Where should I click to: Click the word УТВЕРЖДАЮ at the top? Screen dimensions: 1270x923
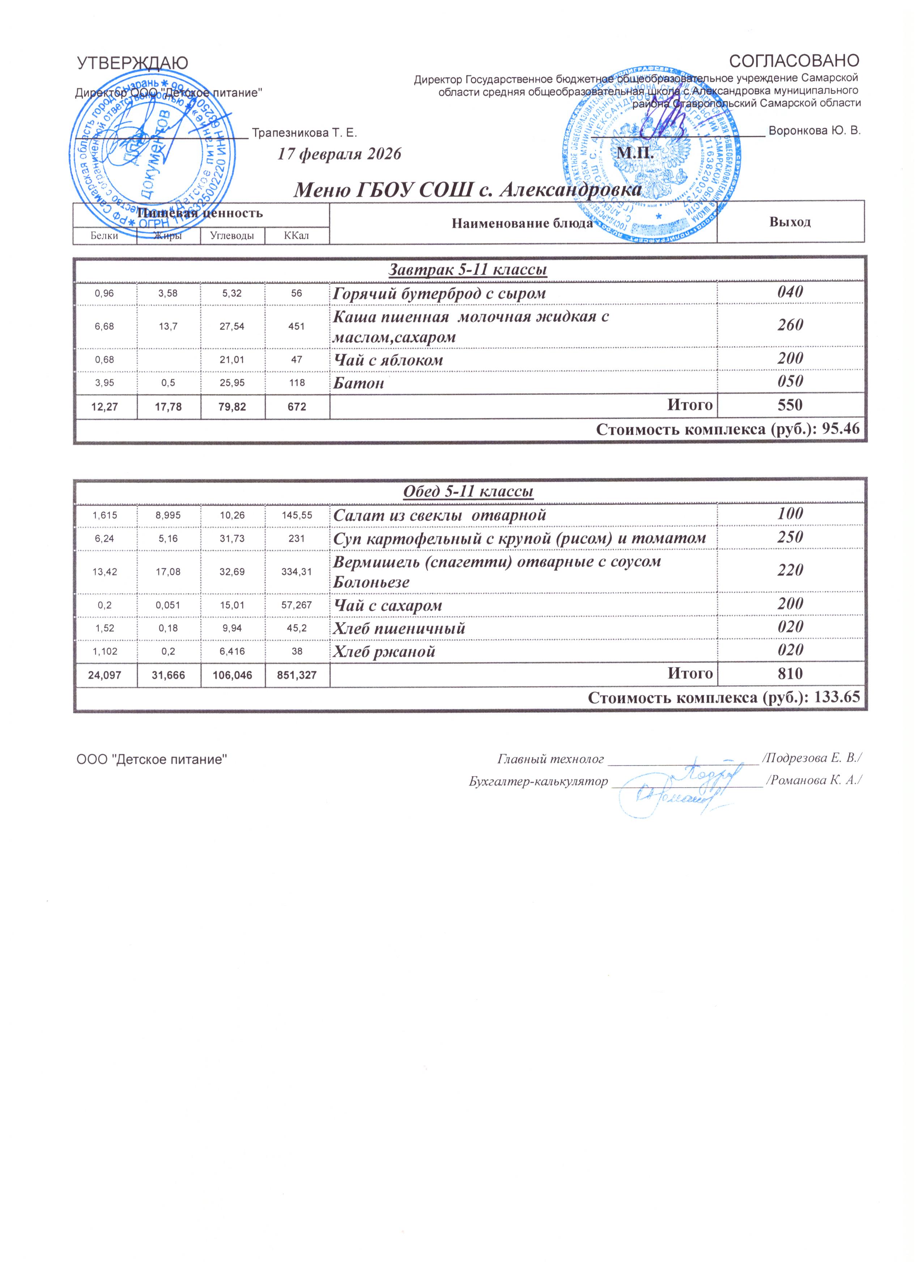[132, 63]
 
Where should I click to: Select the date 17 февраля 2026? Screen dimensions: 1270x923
[340, 154]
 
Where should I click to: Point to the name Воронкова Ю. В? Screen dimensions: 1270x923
[814, 131]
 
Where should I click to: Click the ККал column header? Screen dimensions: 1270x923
[297, 236]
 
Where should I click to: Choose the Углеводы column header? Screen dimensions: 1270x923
[232, 236]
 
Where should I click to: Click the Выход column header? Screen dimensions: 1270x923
[790, 222]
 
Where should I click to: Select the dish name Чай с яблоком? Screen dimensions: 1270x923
[388, 360]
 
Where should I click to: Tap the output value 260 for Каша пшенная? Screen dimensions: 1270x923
[790, 325]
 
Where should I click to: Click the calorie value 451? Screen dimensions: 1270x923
[297, 326]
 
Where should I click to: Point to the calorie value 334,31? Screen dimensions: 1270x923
[297, 571]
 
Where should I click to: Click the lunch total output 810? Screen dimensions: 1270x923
[790, 674]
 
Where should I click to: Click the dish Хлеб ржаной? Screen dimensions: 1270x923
[384, 651]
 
